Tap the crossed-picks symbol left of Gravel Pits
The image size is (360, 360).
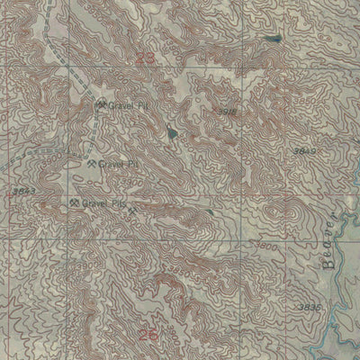coord(74,204)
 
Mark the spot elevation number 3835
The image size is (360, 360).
coord(308,309)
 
